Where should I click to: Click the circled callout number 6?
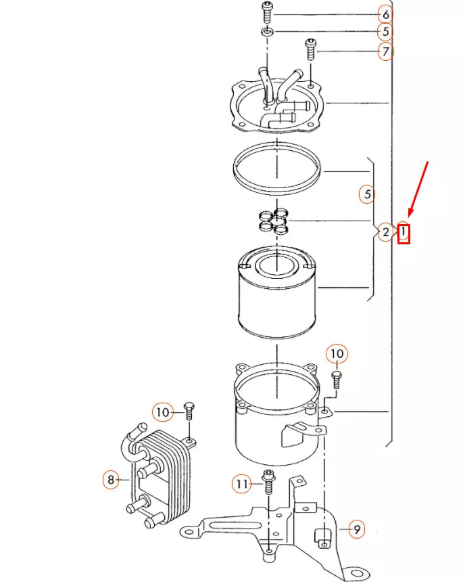pos(385,14)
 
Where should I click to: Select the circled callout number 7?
pos(385,51)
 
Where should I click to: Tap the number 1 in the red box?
pos(404,233)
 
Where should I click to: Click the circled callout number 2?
pos(385,233)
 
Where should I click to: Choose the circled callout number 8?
pos(111,480)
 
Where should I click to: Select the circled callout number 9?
pos(356,529)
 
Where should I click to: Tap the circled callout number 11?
pos(242,484)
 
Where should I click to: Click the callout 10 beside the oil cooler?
pos(162,411)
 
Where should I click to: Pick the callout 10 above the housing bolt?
pos(337,353)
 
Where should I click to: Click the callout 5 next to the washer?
pos(385,32)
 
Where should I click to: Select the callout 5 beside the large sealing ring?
pos(367,195)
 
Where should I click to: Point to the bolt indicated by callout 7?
pos(311,49)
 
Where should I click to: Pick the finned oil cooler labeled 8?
pos(162,474)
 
